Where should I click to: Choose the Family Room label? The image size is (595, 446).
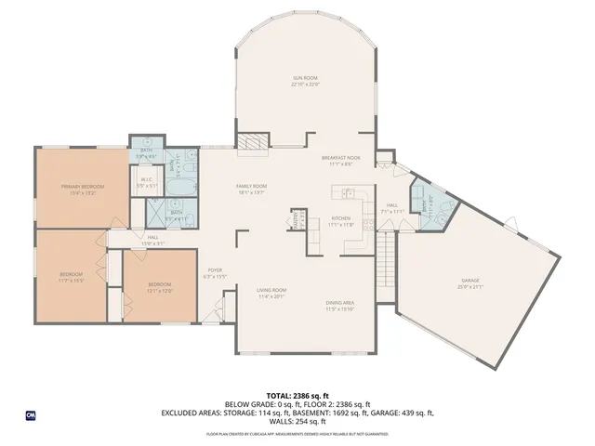coord(250,189)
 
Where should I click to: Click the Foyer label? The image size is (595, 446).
coord(216,273)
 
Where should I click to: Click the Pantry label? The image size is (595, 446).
coord(296,220)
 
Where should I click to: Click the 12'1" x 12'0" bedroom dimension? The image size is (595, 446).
coord(160,290)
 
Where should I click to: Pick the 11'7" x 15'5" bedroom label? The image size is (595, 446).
coord(71,276)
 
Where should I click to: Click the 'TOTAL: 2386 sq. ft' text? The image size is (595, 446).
coord(297,396)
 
